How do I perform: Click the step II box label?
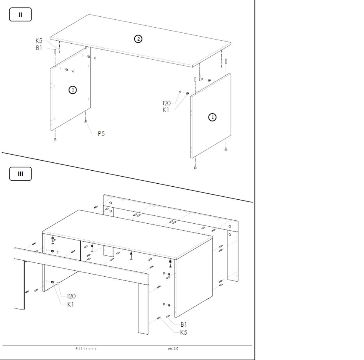point(20,15)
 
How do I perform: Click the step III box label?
point(20,174)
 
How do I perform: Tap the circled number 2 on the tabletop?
point(138,39)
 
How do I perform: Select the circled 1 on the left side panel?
point(72,90)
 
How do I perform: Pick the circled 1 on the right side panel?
point(212,117)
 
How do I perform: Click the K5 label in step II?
point(39,41)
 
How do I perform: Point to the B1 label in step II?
point(39,48)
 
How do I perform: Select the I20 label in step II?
point(167,103)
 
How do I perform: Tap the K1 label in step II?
point(166,110)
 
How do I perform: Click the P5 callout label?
point(101,134)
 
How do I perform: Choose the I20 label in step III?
point(72,296)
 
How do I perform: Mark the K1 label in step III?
point(71,305)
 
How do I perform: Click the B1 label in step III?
point(184,325)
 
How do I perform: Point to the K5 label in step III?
point(184,332)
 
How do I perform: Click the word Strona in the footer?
point(89,348)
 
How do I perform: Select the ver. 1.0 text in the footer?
point(173,348)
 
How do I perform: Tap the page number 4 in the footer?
point(77,348)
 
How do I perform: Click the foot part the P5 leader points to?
point(86,122)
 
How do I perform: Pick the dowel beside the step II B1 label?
point(55,52)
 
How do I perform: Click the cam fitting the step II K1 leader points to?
point(187,93)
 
